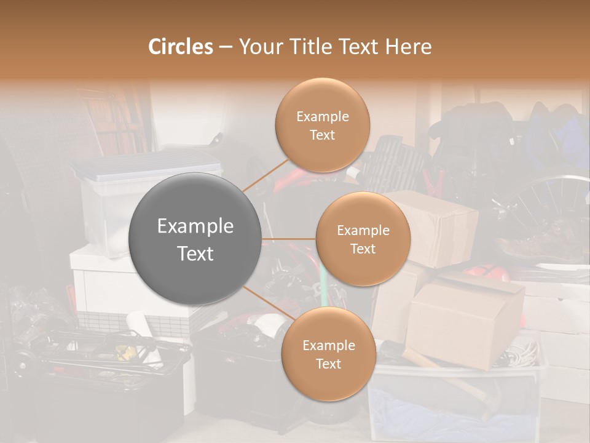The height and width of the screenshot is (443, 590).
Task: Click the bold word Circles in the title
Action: tap(180, 47)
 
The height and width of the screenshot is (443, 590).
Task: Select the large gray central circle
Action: tap(195, 239)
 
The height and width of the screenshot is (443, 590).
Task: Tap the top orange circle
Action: tap(322, 126)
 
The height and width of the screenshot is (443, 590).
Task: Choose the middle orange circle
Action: tap(363, 239)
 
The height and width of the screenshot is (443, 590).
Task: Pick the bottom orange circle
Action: tap(328, 354)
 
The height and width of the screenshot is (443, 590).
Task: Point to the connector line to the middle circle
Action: tap(289, 239)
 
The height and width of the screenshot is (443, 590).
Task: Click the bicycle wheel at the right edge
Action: tap(547, 209)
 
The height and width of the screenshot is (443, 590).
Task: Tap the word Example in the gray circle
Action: tap(195, 226)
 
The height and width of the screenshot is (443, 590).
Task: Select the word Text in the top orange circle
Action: tap(322, 135)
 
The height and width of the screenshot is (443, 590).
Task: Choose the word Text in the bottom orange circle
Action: tap(328, 364)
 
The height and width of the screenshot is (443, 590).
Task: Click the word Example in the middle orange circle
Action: tap(363, 231)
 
